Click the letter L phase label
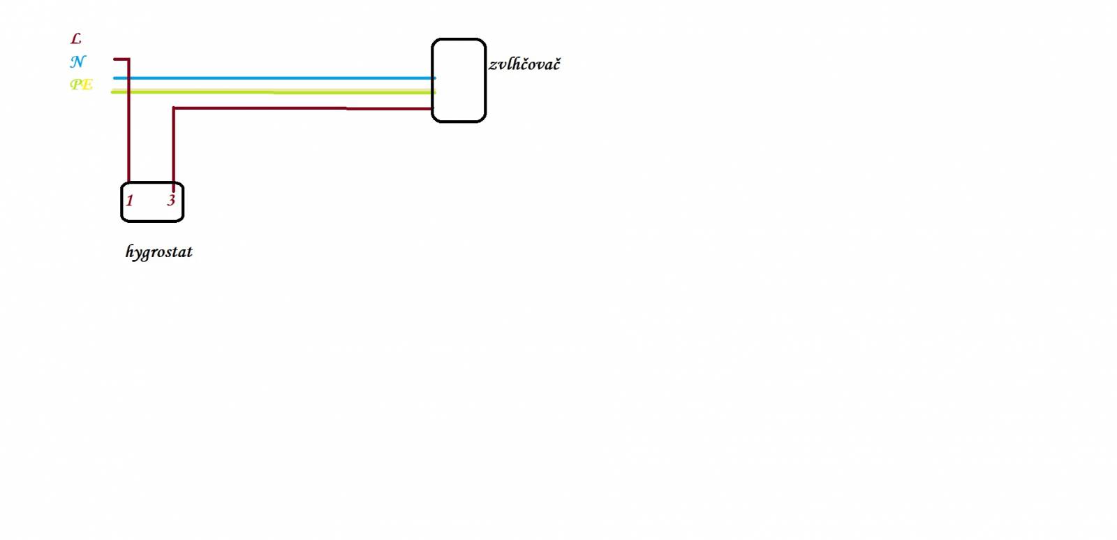(76, 38)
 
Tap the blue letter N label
(77, 61)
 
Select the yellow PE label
(81, 85)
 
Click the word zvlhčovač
(524, 64)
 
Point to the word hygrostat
(158, 251)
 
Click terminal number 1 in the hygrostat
(130, 200)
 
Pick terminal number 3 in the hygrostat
(171, 200)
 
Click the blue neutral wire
(274, 78)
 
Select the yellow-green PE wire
(273, 92)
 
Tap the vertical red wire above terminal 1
(128, 120)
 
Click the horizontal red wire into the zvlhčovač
(303, 108)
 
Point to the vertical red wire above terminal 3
(174, 149)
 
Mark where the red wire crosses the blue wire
(128, 78)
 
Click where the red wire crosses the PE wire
(128, 92)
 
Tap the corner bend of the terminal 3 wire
(174, 108)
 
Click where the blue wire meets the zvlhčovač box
(433, 78)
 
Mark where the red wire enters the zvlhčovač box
(432, 108)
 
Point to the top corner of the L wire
(128, 59)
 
